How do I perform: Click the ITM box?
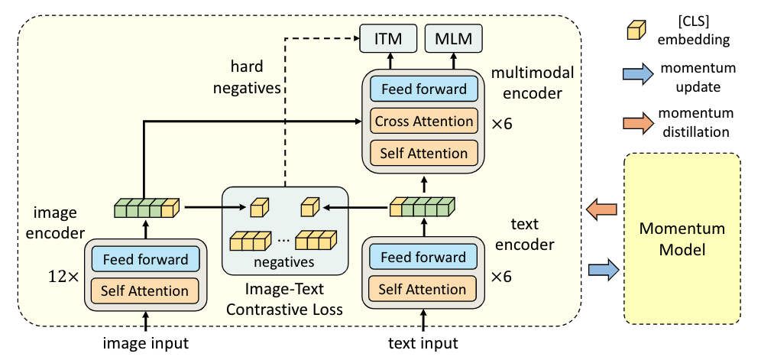click(388, 37)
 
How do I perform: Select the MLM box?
click(453, 37)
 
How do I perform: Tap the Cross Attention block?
click(423, 121)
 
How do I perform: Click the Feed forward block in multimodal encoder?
click(423, 89)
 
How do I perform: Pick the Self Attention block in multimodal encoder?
click(423, 153)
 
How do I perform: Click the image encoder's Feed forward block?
click(145, 259)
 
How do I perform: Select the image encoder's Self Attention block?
click(145, 290)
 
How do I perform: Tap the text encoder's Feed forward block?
click(423, 258)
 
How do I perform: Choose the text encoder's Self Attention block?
click(423, 290)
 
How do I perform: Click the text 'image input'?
click(145, 343)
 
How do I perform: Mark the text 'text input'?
click(423, 343)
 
